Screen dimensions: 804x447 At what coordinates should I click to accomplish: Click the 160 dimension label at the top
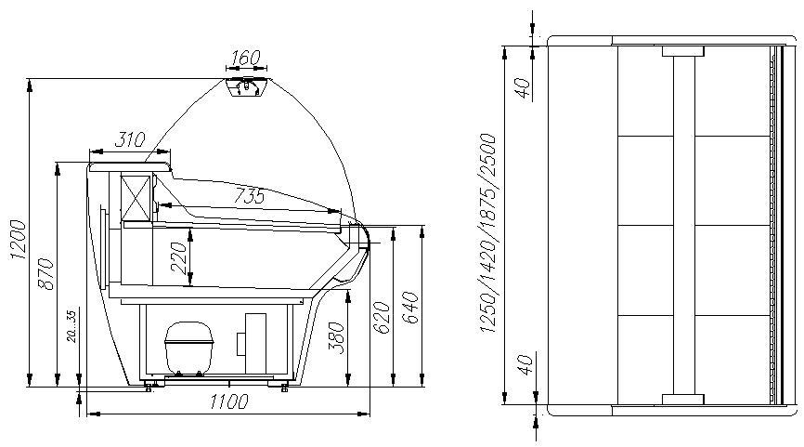tap(246, 58)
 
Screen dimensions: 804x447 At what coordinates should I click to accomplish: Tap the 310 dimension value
tap(130, 139)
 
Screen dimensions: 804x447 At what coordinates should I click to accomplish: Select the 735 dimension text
tap(249, 196)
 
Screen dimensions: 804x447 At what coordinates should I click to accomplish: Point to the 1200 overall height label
tap(18, 239)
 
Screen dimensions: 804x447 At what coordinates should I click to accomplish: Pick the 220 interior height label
tap(178, 258)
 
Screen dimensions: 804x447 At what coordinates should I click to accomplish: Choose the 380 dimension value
tap(336, 337)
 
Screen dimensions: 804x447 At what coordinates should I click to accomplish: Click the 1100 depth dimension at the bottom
tap(229, 401)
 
